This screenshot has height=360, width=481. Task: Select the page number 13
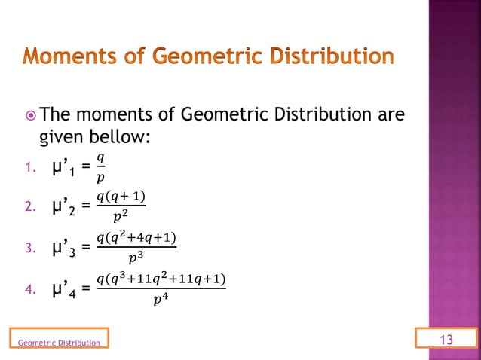coord(446,341)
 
